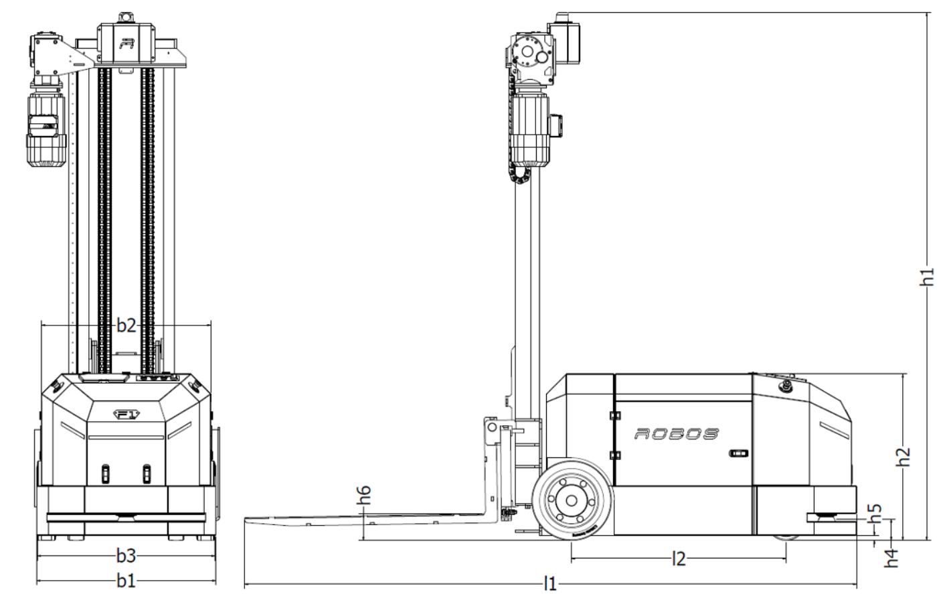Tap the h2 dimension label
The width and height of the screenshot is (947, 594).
(x=903, y=457)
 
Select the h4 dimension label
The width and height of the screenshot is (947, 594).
(x=891, y=558)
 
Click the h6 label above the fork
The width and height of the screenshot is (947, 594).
(x=364, y=495)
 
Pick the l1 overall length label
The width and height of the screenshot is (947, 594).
(x=550, y=584)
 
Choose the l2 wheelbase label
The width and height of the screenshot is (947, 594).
(x=679, y=559)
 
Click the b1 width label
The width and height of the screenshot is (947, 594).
(x=126, y=581)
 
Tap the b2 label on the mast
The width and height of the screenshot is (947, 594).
(x=126, y=325)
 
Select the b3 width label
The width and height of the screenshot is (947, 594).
(x=126, y=556)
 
